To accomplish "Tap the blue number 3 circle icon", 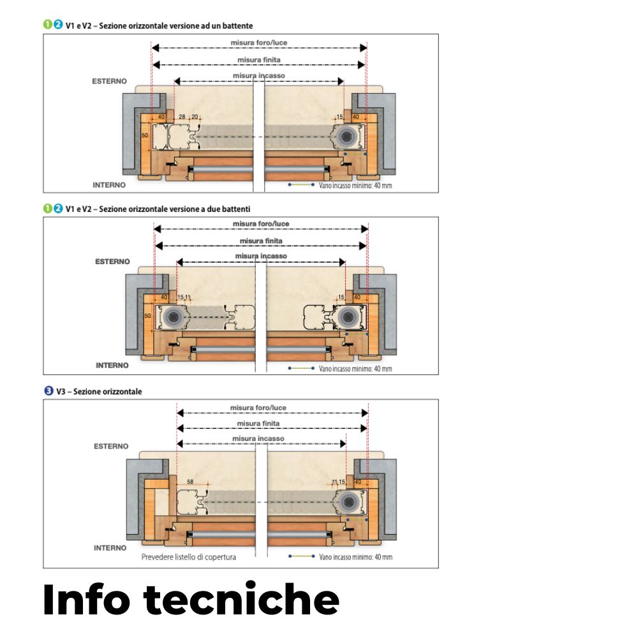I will click(x=47, y=391).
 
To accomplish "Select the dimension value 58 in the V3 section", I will click(x=190, y=481).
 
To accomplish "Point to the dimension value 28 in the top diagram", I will click(x=182, y=117).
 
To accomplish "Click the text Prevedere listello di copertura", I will click(x=188, y=557).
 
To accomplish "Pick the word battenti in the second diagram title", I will click(x=237, y=209).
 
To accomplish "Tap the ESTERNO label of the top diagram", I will click(x=109, y=82).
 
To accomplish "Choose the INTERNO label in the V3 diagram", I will click(x=110, y=548).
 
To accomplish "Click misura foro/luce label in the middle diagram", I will click(x=260, y=224).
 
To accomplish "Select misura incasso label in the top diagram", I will click(x=258, y=75).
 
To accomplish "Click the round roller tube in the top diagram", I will click(x=348, y=135).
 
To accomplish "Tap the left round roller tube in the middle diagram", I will click(x=172, y=316).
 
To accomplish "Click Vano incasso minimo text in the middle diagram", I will click(x=355, y=369).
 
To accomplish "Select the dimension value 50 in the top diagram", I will click(x=145, y=136).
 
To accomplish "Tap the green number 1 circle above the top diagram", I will click(x=47, y=26).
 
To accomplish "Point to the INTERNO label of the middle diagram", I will click(x=112, y=366).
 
